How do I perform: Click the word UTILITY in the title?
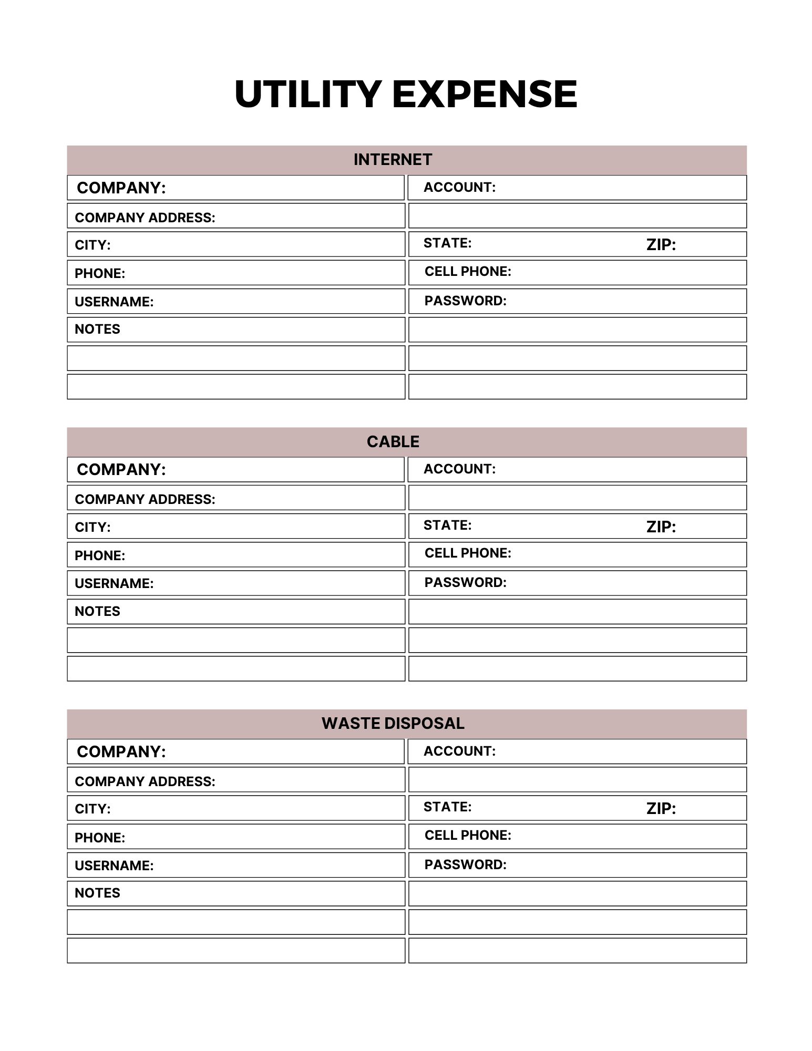[x=307, y=95]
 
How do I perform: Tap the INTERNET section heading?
[x=393, y=160]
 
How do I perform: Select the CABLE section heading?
[x=393, y=442]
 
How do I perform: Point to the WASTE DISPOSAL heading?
[x=393, y=724]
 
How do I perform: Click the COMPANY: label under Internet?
[x=121, y=188]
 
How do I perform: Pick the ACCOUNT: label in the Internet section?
[x=459, y=188]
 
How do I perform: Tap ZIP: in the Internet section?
[x=661, y=244]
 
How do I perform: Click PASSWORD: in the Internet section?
[x=465, y=301]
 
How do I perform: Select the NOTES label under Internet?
[x=97, y=329]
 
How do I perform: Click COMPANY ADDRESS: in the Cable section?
[x=145, y=499]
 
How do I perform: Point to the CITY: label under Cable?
[x=92, y=527]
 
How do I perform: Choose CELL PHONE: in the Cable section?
[x=468, y=553]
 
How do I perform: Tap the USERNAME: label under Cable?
[x=114, y=584]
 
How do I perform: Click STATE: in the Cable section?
[x=447, y=525]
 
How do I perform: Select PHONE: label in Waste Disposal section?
[x=100, y=838]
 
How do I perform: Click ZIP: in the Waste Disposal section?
[x=661, y=808]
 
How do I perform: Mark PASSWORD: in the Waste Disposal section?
[x=465, y=864]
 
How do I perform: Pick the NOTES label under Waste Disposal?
[x=97, y=893]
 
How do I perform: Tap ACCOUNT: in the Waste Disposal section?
[x=459, y=751]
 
